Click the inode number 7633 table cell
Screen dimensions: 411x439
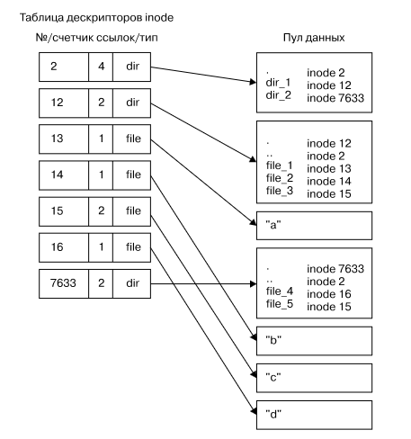pyautogui.click(x=64, y=283)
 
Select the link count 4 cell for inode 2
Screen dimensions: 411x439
pyautogui.click(x=101, y=67)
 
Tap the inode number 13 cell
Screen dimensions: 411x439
pyautogui.click(x=64, y=139)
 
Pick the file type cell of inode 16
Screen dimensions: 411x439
pyautogui.click(x=132, y=247)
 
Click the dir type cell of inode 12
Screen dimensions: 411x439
pyautogui.click(x=132, y=103)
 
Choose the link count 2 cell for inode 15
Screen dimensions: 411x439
pyautogui.click(x=101, y=211)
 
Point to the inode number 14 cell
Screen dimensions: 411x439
pyautogui.click(x=64, y=175)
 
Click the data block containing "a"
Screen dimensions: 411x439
pyautogui.click(x=314, y=226)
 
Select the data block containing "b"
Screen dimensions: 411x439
pyautogui.click(x=314, y=341)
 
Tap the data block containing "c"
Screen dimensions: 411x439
pyautogui.click(x=314, y=378)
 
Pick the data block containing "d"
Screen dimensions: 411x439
pyautogui.click(x=314, y=415)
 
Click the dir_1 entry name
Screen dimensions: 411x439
pyautogui.click(x=278, y=83)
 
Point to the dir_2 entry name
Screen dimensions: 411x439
pyautogui.click(x=279, y=95)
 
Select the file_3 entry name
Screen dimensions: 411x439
pyautogui.click(x=280, y=191)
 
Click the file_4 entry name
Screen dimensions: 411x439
pyautogui.click(x=280, y=291)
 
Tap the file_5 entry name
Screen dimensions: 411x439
pyautogui.click(x=280, y=304)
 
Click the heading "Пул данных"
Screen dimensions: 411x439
pyautogui.click(x=314, y=38)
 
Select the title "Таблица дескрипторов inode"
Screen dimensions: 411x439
pyautogui.click(x=96, y=18)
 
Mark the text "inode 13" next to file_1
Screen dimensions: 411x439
pyautogui.click(x=329, y=169)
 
